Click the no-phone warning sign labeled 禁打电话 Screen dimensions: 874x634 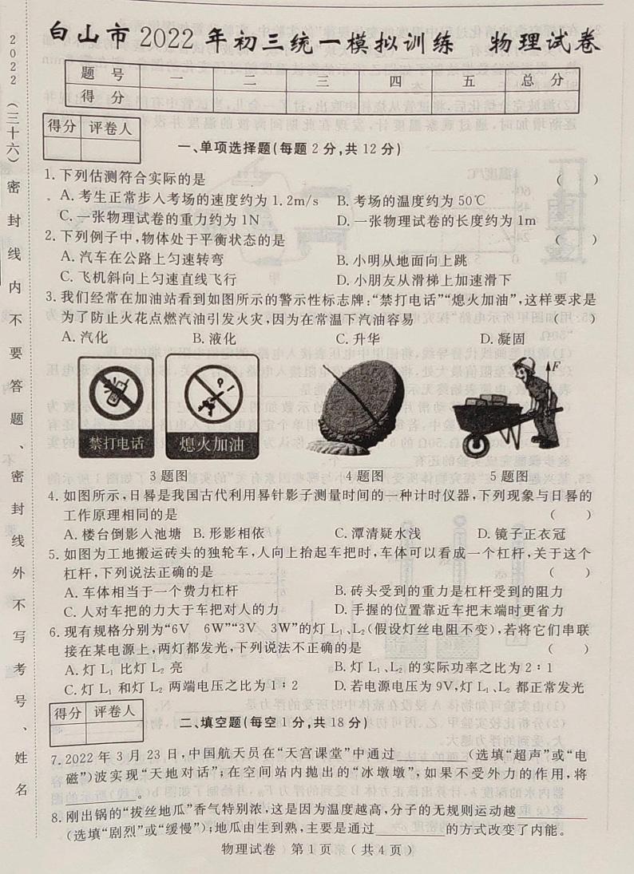(x=116, y=407)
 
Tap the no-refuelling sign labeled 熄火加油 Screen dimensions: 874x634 (x=212, y=407)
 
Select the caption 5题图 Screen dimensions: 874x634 (x=509, y=477)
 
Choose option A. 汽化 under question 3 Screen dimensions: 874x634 (x=85, y=338)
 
